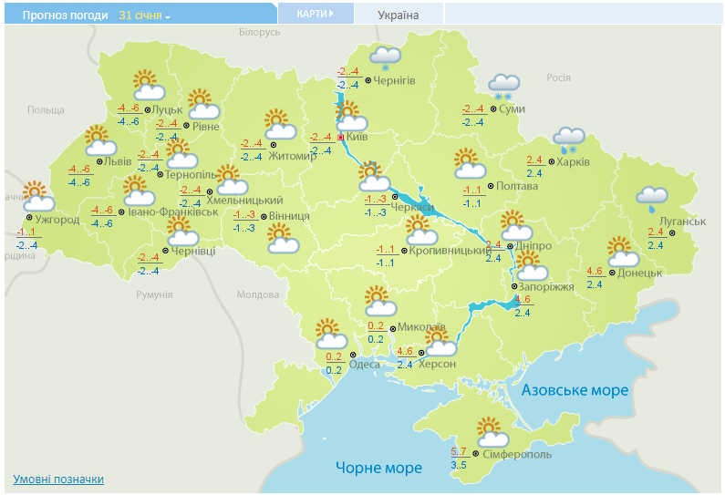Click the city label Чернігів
(x=394, y=81)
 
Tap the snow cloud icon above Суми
(x=503, y=86)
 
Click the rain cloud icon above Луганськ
(x=651, y=197)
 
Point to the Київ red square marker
(x=341, y=137)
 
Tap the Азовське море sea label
(x=575, y=390)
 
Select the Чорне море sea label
(x=378, y=468)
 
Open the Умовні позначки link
(x=58, y=480)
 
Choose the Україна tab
(x=399, y=15)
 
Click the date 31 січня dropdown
(x=144, y=15)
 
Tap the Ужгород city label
(x=58, y=219)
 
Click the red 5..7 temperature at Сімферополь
(x=460, y=452)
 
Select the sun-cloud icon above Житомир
(x=280, y=124)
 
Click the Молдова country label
(x=257, y=294)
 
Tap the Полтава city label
(x=516, y=186)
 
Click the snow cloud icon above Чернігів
(x=385, y=57)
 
